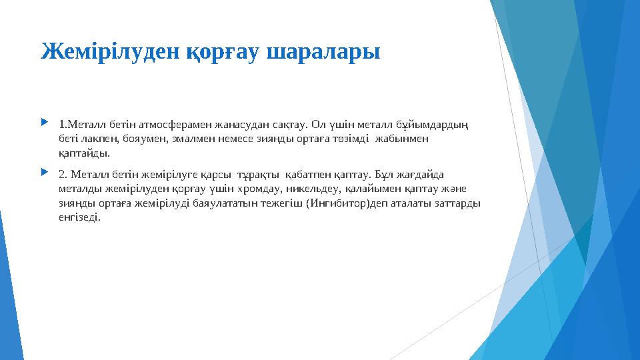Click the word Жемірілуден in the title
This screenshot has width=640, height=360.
pos(100,51)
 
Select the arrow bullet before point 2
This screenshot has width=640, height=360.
pos(44,173)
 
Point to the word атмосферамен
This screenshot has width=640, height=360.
pos(161,124)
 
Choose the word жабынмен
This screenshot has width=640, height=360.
pos(403,139)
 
